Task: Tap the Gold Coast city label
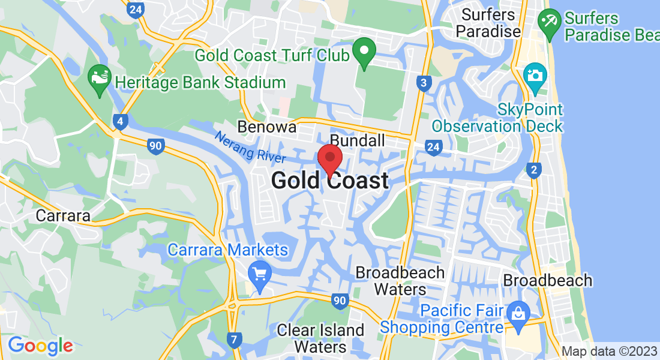[x=330, y=181]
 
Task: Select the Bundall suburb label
[x=358, y=141]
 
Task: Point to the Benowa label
[x=267, y=127]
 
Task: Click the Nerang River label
[x=250, y=147]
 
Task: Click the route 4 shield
[x=121, y=122]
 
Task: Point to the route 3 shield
[x=424, y=83]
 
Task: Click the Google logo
[x=40, y=346]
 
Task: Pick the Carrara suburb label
[x=63, y=215]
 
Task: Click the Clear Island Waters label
[x=320, y=338]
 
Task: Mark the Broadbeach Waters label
[x=400, y=281]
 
